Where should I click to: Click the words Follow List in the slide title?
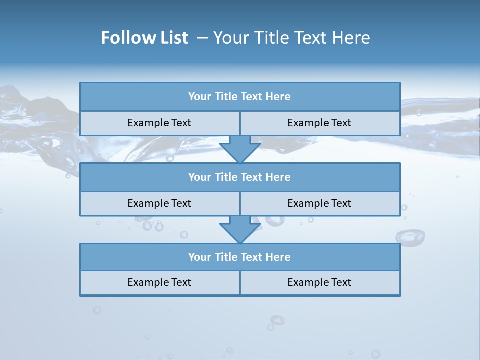(x=144, y=38)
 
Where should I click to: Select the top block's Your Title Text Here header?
(x=239, y=97)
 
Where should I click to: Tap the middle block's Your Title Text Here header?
(x=239, y=177)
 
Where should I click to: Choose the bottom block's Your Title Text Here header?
(x=239, y=257)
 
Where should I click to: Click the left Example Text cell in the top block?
(x=159, y=123)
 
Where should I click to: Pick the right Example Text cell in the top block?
(x=319, y=123)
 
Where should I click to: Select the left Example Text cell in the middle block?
(x=159, y=203)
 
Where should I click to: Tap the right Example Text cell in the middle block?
(x=319, y=203)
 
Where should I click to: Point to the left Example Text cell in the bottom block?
(x=159, y=282)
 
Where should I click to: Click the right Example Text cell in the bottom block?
(x=319, y=282)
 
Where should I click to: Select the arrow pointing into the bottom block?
(x=240, y=230)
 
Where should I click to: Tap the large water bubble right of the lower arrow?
(x=410, y=237)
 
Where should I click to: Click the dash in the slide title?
(x=203, y=38)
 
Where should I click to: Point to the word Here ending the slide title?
(x=352, y=38)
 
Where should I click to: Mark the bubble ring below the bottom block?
(x=277, y=320)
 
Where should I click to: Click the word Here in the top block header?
(x=278, y=97)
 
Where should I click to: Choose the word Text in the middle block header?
(x=252, y=177)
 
